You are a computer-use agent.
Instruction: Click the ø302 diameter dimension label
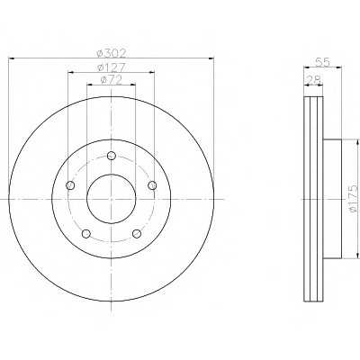[112, 53]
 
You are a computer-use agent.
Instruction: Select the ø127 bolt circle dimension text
[112, 67]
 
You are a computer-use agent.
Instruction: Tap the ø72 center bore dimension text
[112, 80]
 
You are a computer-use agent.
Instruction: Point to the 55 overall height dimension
[322, 62]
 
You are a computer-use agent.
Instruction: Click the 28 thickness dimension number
[314, 80]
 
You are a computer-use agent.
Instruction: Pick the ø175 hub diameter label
[354, 199]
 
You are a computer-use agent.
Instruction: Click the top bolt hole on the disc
[112, 156]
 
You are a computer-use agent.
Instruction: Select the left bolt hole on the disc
[70, 185]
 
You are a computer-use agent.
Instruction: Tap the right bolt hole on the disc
[152, 185]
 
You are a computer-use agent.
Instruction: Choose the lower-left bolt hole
[86, 234]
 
